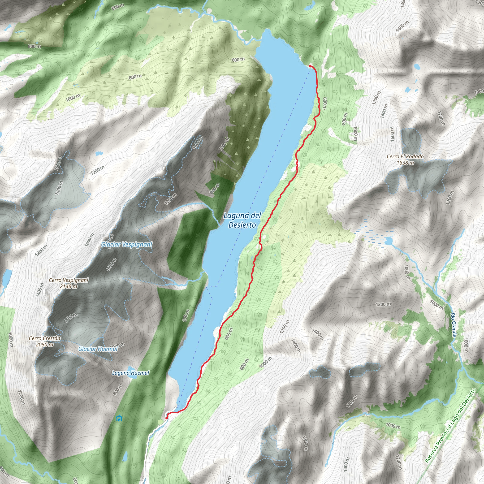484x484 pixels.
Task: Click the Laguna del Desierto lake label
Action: point(242,220)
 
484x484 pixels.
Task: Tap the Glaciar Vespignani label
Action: point(126,244)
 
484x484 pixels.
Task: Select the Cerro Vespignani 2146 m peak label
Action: point(69,283)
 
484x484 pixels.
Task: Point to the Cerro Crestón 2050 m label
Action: point(45,341)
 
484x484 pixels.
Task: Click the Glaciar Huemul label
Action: point(98,349)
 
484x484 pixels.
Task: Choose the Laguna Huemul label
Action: point(130,373)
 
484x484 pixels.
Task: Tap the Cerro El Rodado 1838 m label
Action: point(405,160)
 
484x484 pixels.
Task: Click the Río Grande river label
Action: point(454,325)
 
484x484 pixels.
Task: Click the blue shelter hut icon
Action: point(119,418)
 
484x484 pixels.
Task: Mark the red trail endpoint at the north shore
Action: point(310,66)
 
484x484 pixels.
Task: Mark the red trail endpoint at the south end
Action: point(167,418)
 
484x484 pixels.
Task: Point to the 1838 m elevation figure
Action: point(405,163)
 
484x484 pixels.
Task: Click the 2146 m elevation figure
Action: point(69,286)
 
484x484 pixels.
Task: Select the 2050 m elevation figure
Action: point(45,345)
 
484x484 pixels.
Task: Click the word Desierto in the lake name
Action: point(242,225)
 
